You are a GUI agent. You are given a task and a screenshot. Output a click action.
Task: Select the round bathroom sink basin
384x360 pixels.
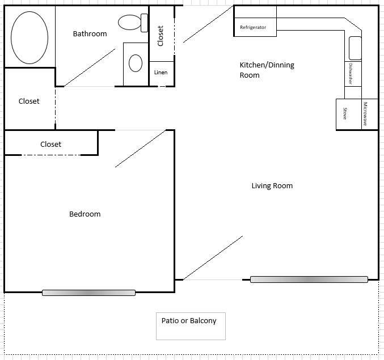[136, 63]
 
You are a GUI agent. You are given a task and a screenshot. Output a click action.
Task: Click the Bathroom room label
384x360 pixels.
[90, 34]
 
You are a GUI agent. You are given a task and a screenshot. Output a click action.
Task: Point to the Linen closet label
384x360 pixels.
[161, 73]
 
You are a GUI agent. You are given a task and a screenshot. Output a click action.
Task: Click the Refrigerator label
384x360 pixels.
[253, 27]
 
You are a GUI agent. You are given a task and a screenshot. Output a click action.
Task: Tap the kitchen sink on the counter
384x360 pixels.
[355, 48]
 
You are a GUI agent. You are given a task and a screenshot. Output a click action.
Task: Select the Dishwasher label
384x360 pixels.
[352, 74]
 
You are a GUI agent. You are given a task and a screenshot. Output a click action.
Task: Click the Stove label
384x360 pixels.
[345, 113]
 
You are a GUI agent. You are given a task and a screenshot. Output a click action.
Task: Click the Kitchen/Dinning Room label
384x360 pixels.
[267, 70]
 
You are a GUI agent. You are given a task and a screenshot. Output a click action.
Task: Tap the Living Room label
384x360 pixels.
[272, 186]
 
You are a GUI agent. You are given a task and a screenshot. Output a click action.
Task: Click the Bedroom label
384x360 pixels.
[85, 214]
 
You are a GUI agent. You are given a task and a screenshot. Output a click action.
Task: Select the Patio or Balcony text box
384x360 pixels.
[190, 325]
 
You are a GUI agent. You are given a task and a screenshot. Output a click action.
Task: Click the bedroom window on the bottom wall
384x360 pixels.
[88, 293]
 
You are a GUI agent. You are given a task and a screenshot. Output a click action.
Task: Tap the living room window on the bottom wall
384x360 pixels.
[309, 279]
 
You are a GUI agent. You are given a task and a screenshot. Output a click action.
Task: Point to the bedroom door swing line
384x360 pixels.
[140, 149]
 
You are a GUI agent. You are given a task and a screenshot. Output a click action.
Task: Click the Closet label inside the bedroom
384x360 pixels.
[50, 145]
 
